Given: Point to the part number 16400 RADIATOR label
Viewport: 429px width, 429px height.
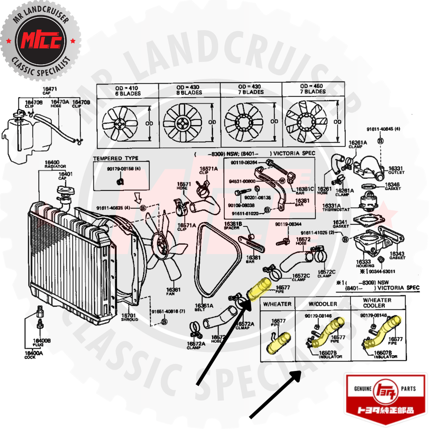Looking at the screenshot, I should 53,164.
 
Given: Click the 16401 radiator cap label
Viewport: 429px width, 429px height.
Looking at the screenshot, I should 65,175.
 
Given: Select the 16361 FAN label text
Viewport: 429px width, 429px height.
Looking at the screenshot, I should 173,291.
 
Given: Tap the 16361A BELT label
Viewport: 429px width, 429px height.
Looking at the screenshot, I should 204,307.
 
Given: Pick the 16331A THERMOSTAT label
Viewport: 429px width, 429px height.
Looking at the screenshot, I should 335,207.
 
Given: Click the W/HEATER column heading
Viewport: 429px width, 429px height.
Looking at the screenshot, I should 277,304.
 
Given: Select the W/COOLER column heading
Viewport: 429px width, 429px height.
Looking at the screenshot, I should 323,304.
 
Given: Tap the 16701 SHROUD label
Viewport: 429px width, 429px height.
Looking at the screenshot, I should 129,317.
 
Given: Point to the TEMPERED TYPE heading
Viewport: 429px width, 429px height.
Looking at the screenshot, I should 116,158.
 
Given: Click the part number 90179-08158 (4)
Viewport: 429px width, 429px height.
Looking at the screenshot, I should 123,169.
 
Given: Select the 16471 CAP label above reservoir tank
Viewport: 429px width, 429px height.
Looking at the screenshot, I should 49,90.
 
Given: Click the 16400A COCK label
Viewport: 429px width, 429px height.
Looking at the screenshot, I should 34,354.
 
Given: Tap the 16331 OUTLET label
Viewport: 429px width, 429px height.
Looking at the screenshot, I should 396,170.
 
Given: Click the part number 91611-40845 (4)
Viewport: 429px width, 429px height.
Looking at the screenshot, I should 383,129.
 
